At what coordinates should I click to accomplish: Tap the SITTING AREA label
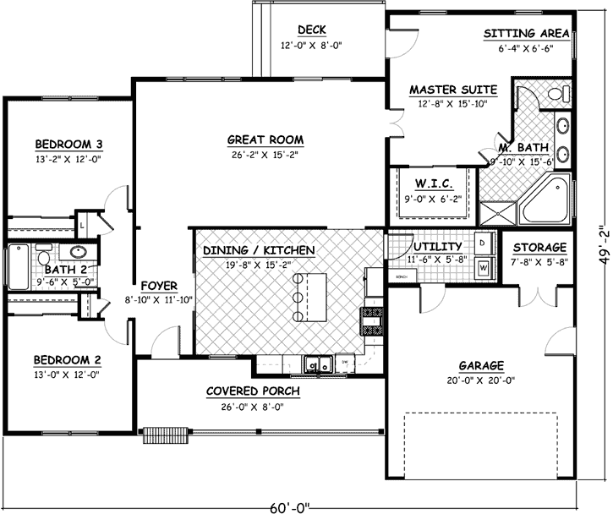[x=524, y=35]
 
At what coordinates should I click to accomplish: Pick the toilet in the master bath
[x=558, y=92]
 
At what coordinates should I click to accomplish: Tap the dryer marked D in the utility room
[x=482, y=243]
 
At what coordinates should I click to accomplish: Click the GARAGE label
[x=481, y=366]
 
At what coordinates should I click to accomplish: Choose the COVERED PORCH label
[x=253, y=391]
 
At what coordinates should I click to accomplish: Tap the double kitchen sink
[x=319, y=364]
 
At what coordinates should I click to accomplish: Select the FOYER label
[x=158, y=285]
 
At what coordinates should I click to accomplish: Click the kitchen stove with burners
[x=374, y=320]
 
